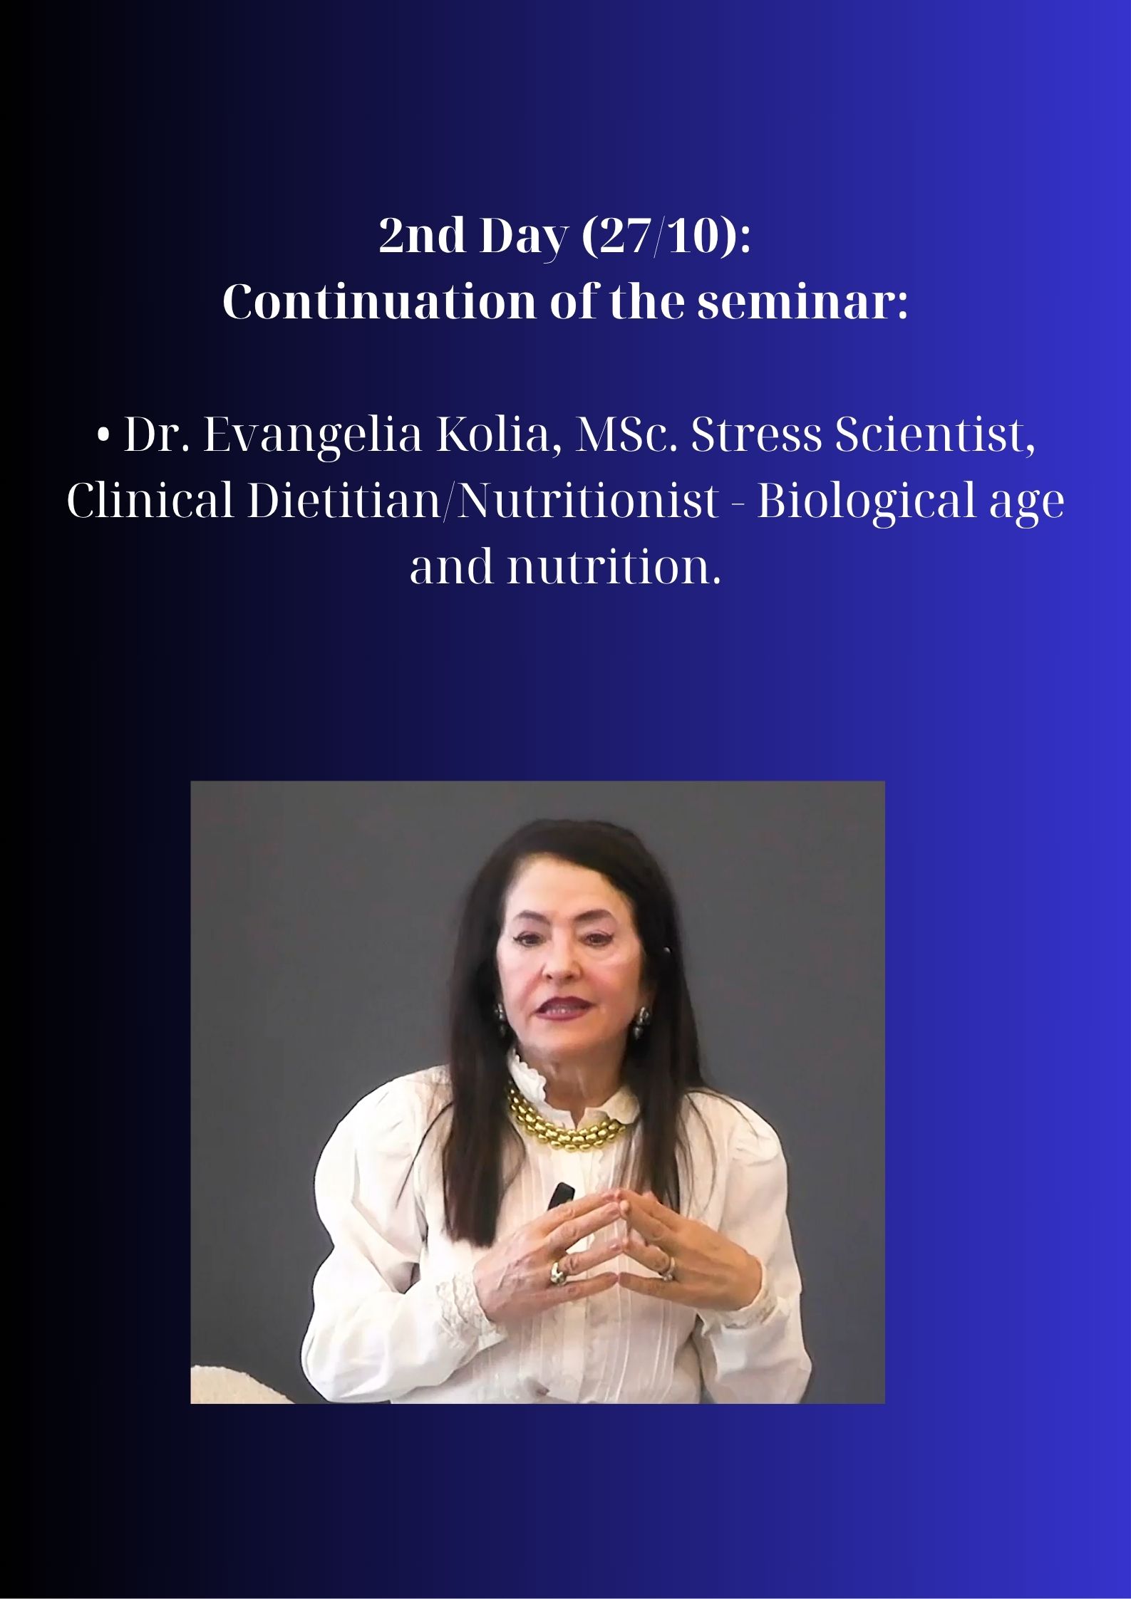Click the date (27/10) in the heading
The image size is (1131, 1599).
(667, 236)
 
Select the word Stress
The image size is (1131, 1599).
(757, 436)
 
